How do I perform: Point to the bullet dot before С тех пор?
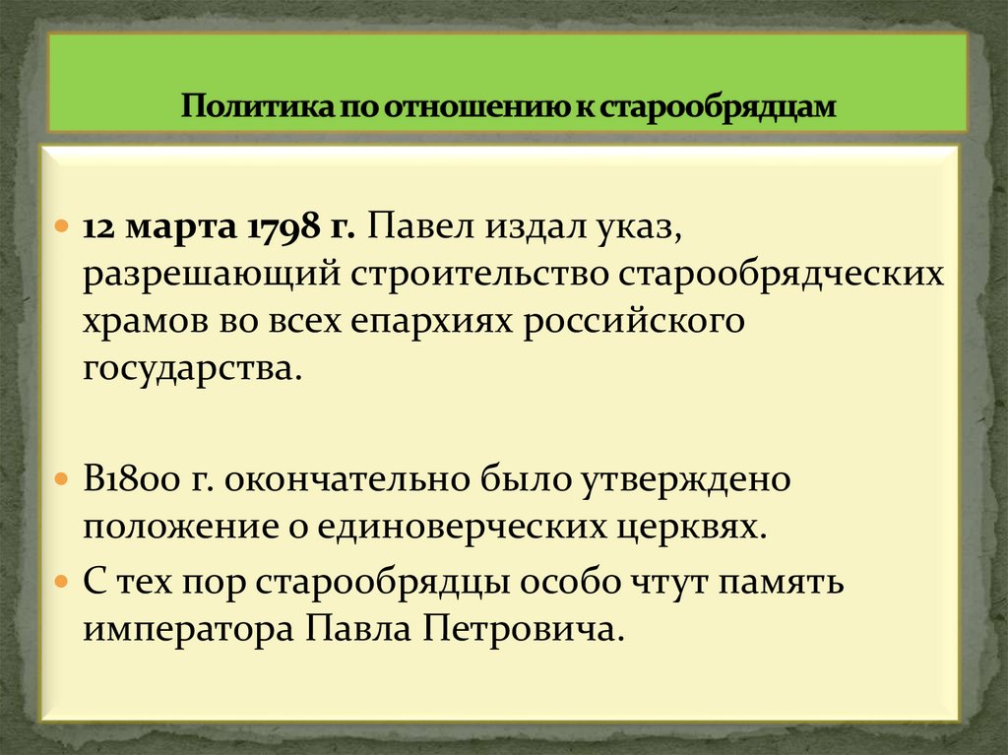click(61, 581)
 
